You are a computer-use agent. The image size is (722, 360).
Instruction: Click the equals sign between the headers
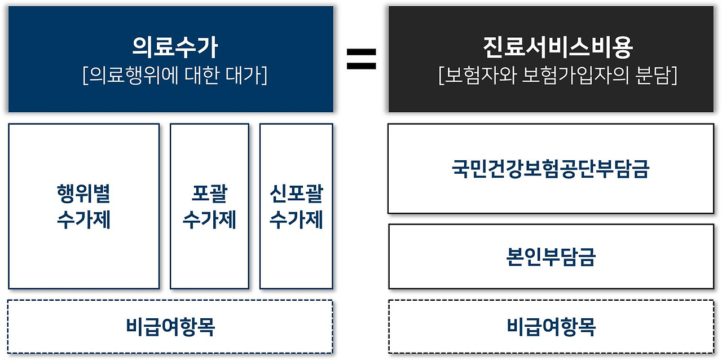click(x=361, y=59)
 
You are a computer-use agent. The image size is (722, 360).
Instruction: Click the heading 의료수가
click(x=174, y=48)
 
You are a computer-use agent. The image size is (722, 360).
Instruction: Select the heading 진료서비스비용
click(x=557, y=48)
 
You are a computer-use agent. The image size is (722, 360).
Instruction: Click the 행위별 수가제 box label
click(x=83, y=206)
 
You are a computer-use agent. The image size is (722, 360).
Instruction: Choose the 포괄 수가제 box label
click(x=209, y=206)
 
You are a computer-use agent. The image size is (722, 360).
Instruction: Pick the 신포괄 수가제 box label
click(x=296, y=206)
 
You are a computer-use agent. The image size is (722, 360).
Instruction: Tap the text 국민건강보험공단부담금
click(x=551, y=169)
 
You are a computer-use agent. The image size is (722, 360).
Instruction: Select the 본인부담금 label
click(x=551, y=257)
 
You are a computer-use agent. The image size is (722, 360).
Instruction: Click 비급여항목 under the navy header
click(x=170, y=326)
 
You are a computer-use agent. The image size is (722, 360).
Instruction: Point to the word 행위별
click(x=83, y=194)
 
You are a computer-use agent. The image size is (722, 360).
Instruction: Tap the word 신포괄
click(x=296, y=194)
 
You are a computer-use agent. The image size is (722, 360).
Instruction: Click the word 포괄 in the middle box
click(x=209, y=194)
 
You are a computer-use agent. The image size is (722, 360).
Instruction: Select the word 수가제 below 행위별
click(x=83, y=219)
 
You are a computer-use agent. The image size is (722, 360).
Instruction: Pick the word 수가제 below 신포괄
click(x=296, y=219)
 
